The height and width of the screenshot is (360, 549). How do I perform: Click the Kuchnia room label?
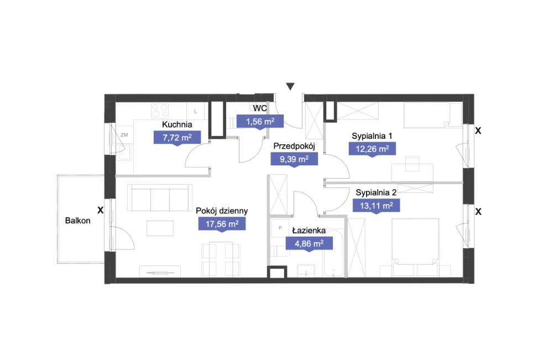(x=177, y=124)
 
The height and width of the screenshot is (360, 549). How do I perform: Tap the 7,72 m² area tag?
(x=177, y=138)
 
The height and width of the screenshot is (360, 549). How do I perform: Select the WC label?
(x=260, y=108)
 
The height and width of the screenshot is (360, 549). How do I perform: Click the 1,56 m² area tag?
(x=260, y=122)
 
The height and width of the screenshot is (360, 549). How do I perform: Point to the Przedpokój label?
(x=294, y=147)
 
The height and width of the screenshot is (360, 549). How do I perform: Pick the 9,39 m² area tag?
(x=294, y=159)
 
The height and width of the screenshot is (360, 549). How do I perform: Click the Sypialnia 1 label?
(x=372, y=136)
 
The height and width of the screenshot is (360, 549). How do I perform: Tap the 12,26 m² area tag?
(x=372, y=149)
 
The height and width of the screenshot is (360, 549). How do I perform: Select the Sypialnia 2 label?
(x=376, y=192)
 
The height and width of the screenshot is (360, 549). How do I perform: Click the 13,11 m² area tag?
(x=377, y=206)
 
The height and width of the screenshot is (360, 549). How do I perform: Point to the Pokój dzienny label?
(x=222, y=211)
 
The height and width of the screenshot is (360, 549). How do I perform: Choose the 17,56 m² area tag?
(x=222, y=224)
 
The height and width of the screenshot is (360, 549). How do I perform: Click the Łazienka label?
(x=309, y=231)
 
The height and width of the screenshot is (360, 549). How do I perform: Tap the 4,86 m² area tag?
(x=309, y=244)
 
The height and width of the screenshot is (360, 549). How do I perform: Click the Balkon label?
(x=78, y=221)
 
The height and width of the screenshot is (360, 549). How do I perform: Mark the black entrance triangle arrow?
(x=290, y=86)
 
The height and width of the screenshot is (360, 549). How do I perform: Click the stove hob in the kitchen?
(x=160, y=110)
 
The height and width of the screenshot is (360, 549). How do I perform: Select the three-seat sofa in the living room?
(x=160, y=198)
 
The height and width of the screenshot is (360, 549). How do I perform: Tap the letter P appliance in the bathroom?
(x=280, y=228)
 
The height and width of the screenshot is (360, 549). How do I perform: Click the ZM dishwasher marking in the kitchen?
(x=124, y=135)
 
